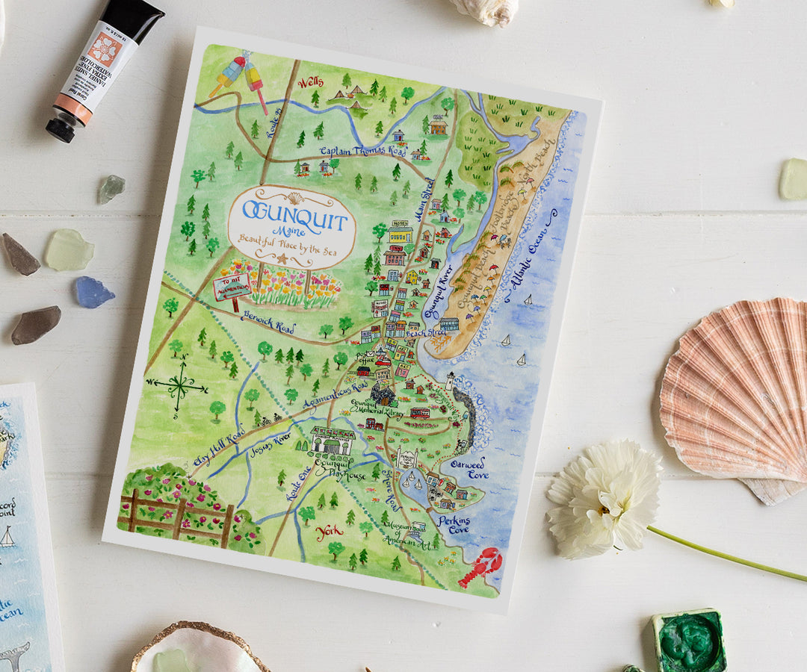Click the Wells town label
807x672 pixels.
coord(311,83)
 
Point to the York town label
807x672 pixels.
coord(330,533)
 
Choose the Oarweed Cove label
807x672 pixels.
coord(468,468)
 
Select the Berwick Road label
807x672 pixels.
coord(268,323)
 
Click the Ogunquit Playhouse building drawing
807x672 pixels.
coord(333,441)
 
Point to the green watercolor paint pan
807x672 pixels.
coord(688,641)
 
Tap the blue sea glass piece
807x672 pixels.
coord(93,292)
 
